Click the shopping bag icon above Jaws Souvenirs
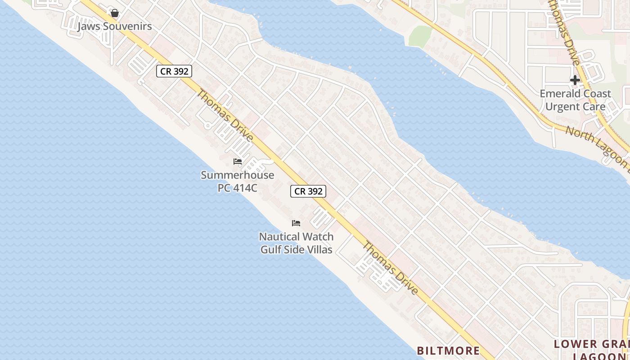[x=115, y=13]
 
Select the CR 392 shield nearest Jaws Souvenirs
[x=174, y=71]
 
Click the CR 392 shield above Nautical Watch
[x=308, y=191]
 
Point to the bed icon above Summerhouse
[x=237, y=162]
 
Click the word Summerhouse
[x=237, y=175]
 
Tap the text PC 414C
[x=237, y=188]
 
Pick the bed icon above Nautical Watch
[x=296, y=223]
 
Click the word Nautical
[x=279, y=237]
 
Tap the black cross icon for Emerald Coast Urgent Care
[x=575, y=80]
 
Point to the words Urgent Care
[x=575, y=107]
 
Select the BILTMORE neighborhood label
[x=448, y=350]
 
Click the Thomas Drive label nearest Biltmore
[x=391, y=269]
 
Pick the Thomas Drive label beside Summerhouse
[x=225, y=115]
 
